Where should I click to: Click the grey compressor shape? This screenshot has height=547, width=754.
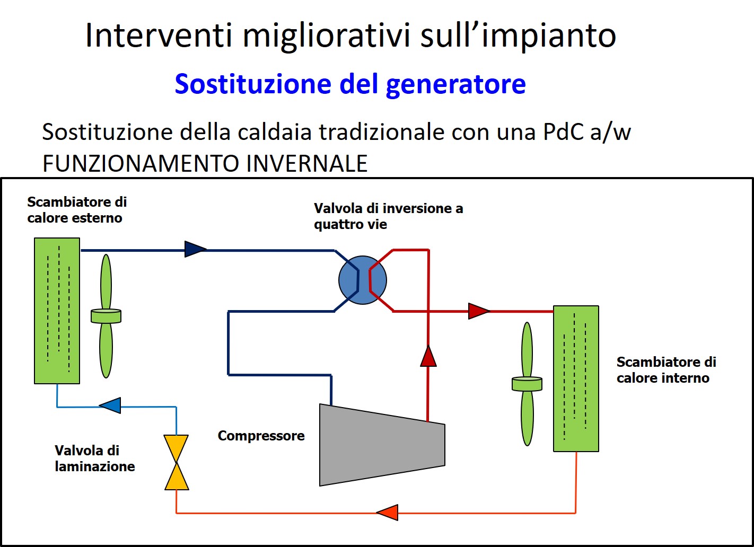click(382, 445)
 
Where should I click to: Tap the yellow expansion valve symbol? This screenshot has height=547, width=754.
click(177, 462)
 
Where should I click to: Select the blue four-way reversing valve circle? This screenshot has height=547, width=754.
click(363, 280)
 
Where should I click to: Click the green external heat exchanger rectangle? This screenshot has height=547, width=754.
click(57, 311)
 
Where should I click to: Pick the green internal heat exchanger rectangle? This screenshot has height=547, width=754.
click(576, 378)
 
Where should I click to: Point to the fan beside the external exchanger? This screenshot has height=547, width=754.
click(106, 316)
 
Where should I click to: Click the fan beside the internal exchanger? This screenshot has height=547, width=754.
click(527, 384)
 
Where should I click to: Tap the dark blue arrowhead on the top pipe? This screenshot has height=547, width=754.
click(195, 249)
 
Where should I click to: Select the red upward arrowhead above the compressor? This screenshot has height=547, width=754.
click(428, 356)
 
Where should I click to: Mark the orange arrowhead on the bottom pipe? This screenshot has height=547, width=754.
click(387, 513)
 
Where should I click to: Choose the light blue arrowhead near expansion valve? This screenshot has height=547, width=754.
click(110, 405)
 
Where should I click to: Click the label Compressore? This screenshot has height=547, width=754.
click(261, 436)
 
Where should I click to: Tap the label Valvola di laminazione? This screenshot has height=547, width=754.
click(94, 458)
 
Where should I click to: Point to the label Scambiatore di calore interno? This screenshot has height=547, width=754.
click(666, 370)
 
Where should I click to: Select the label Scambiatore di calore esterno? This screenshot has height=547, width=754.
click(77, 209)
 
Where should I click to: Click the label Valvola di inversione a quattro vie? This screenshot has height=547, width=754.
click(389, 216)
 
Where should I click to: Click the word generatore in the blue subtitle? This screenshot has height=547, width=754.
click(455, 84)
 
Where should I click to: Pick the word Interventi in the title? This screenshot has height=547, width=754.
click(159, 35)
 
